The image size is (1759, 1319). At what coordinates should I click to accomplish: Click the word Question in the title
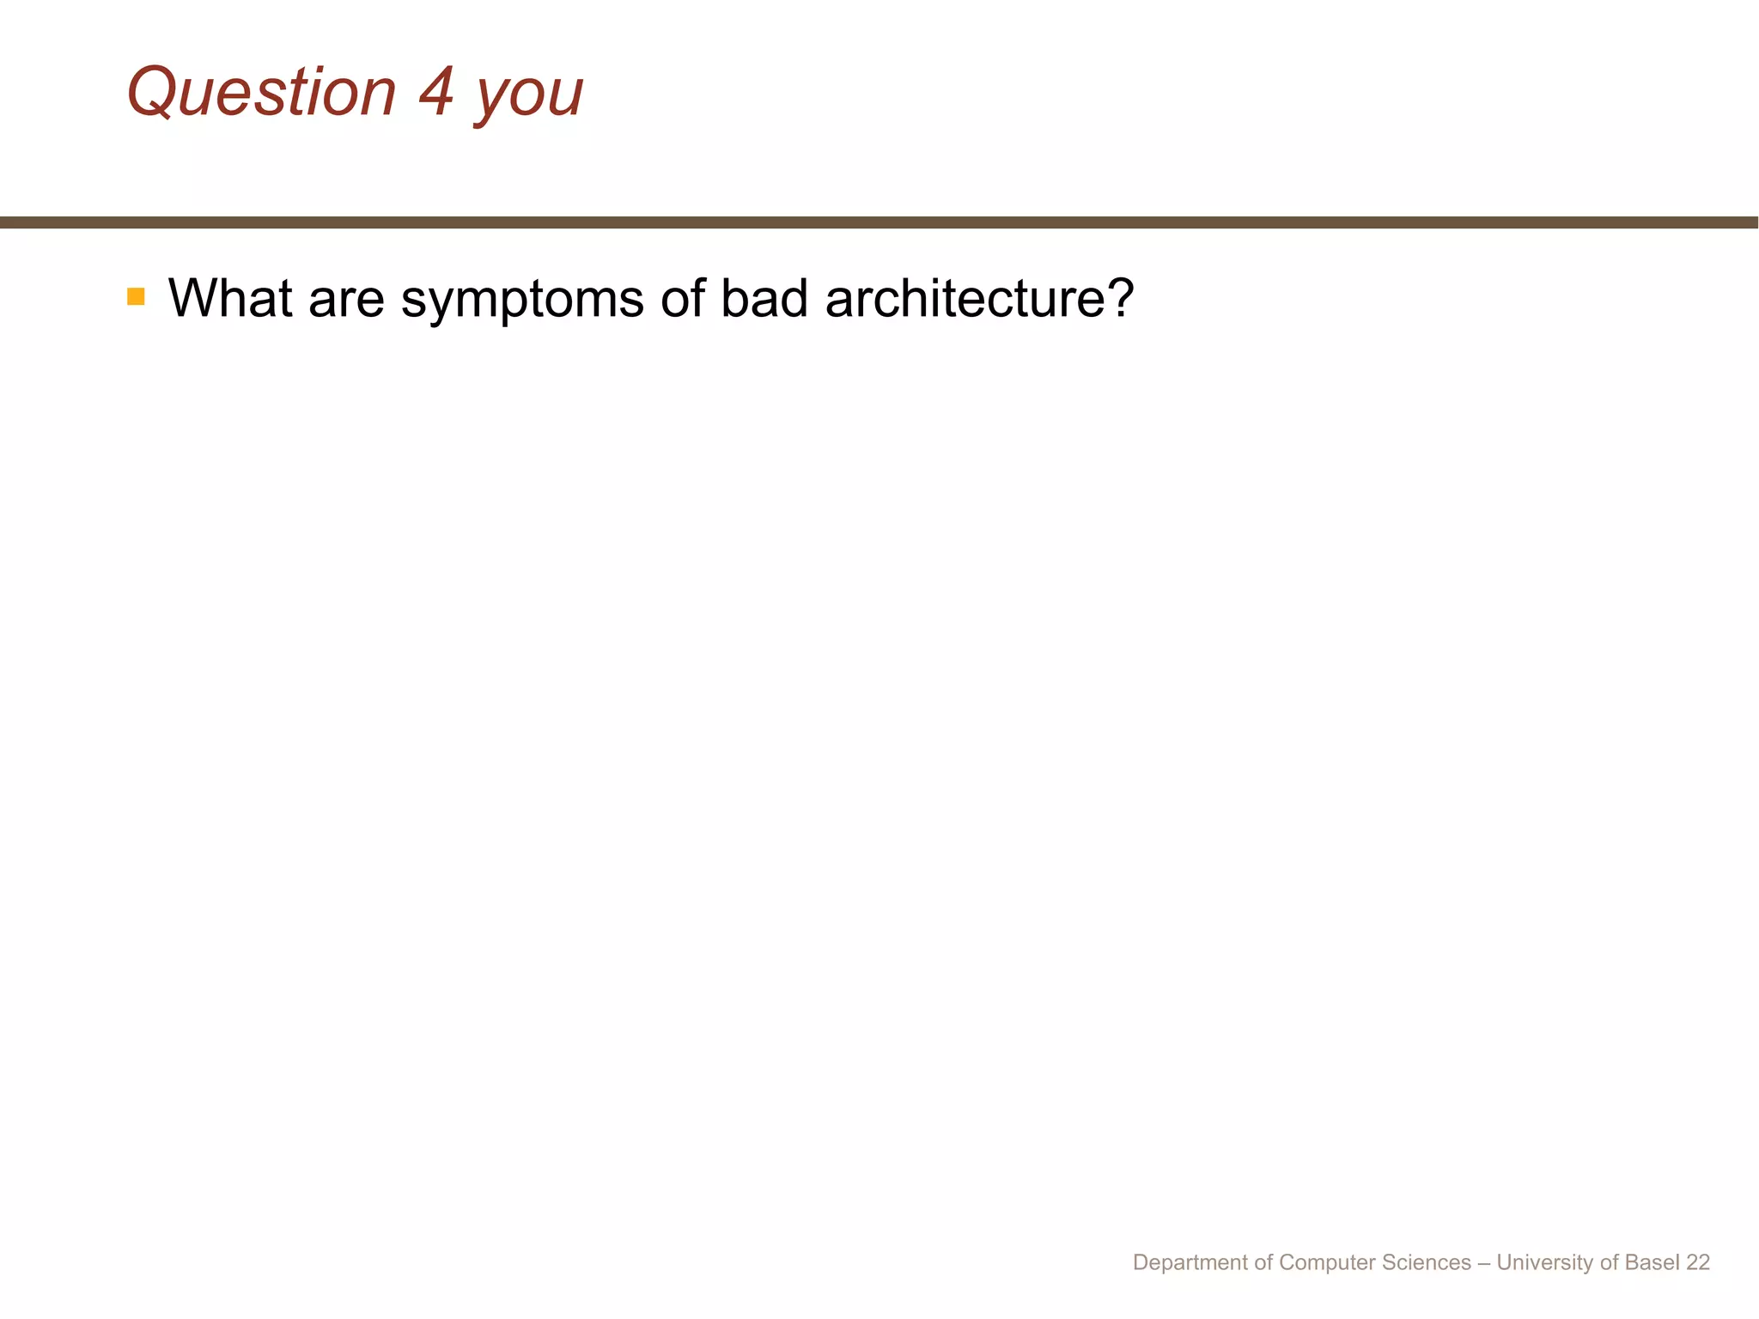pos(261,93)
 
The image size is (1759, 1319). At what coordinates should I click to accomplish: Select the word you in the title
pos(529,96)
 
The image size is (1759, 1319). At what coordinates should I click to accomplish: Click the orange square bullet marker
pos(136,297)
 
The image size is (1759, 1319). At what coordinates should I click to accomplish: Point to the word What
pos(230,298)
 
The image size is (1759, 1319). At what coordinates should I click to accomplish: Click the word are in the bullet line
pos(346,300)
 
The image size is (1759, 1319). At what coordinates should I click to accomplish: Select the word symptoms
pos(522,301)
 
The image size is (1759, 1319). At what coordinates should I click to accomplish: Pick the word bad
pos(764,298)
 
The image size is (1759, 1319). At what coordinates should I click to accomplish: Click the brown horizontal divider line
pos(879,222)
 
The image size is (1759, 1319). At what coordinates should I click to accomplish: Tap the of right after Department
pos(1263,1262)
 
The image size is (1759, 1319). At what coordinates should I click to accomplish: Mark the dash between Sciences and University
pos(1484,1262)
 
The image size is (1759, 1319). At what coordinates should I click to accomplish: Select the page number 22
pos(1698,1262)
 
